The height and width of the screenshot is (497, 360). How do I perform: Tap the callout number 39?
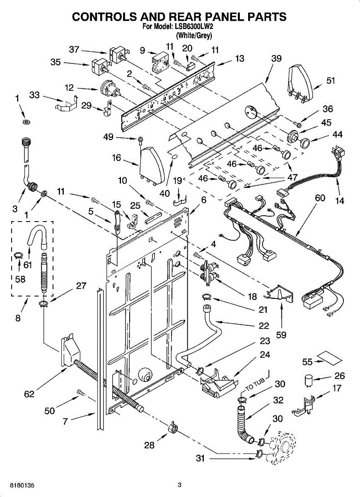click(x=276, y=59)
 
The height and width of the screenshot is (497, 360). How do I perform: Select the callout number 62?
click(x=29, y=394)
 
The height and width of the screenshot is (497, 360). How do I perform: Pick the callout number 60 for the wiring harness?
click(x=320, y=198)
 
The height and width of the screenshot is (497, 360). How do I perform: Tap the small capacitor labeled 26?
click(x=308, y=381)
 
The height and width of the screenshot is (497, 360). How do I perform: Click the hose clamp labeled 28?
click(x=175, y=428)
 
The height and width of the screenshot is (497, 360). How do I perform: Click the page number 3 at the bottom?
click(x=179, y=485)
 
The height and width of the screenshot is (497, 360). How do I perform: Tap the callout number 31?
click(x=200, y=458)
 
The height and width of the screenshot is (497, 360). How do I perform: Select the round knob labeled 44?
click(x=305, y=143)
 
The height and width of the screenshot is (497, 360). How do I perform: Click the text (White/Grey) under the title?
click(x=194, y=36)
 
